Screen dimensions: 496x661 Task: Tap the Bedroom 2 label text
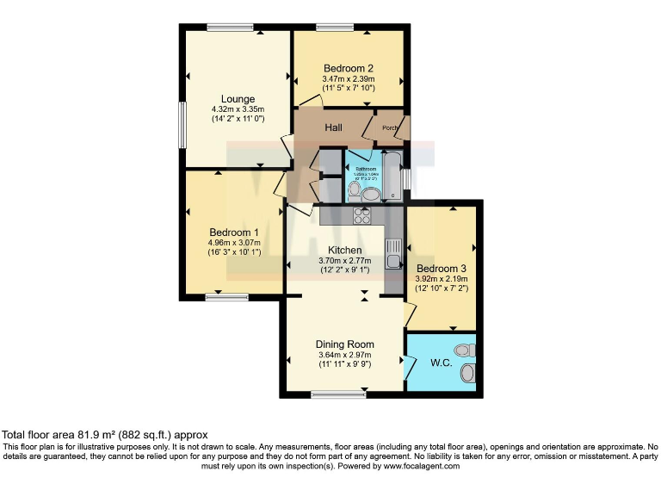[x=348, y=68]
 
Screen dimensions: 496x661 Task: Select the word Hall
[x=336, y=127]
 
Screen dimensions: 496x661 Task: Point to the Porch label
[x=391, y=129]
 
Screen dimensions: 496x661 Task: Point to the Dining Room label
[x=344, y=344]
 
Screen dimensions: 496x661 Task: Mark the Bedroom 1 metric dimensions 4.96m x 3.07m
[x=234, y=244]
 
